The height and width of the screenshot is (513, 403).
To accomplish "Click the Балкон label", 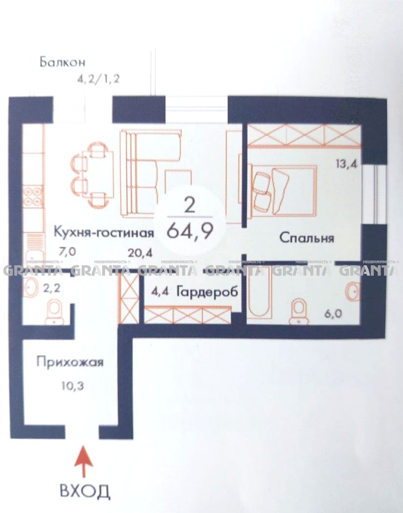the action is (63, 62).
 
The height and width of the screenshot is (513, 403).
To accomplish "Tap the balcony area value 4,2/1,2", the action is (98, 79).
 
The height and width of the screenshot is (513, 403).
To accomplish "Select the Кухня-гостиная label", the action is (104, 233).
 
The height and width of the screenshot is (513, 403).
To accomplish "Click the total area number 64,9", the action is (191, 231).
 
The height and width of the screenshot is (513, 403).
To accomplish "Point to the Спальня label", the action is (307, 238).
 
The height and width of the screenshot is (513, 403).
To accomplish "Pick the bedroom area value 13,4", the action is (346, 163).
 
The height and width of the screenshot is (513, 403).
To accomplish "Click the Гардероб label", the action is (207, 292).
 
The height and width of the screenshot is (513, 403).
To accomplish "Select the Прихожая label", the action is (70, 363).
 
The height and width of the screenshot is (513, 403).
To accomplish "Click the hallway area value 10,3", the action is (73, 386).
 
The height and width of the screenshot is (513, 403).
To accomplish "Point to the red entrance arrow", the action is (84, 462).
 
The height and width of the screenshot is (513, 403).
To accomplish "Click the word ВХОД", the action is (85, 491).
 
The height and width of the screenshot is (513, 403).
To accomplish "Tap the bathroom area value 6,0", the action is (334, 314).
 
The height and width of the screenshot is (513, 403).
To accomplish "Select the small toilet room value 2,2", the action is (52, 288).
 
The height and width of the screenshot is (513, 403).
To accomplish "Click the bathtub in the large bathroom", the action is (259, 292).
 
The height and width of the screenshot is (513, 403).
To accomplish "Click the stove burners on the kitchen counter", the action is (34, 195).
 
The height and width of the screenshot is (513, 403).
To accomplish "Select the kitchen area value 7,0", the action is (67, 252).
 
